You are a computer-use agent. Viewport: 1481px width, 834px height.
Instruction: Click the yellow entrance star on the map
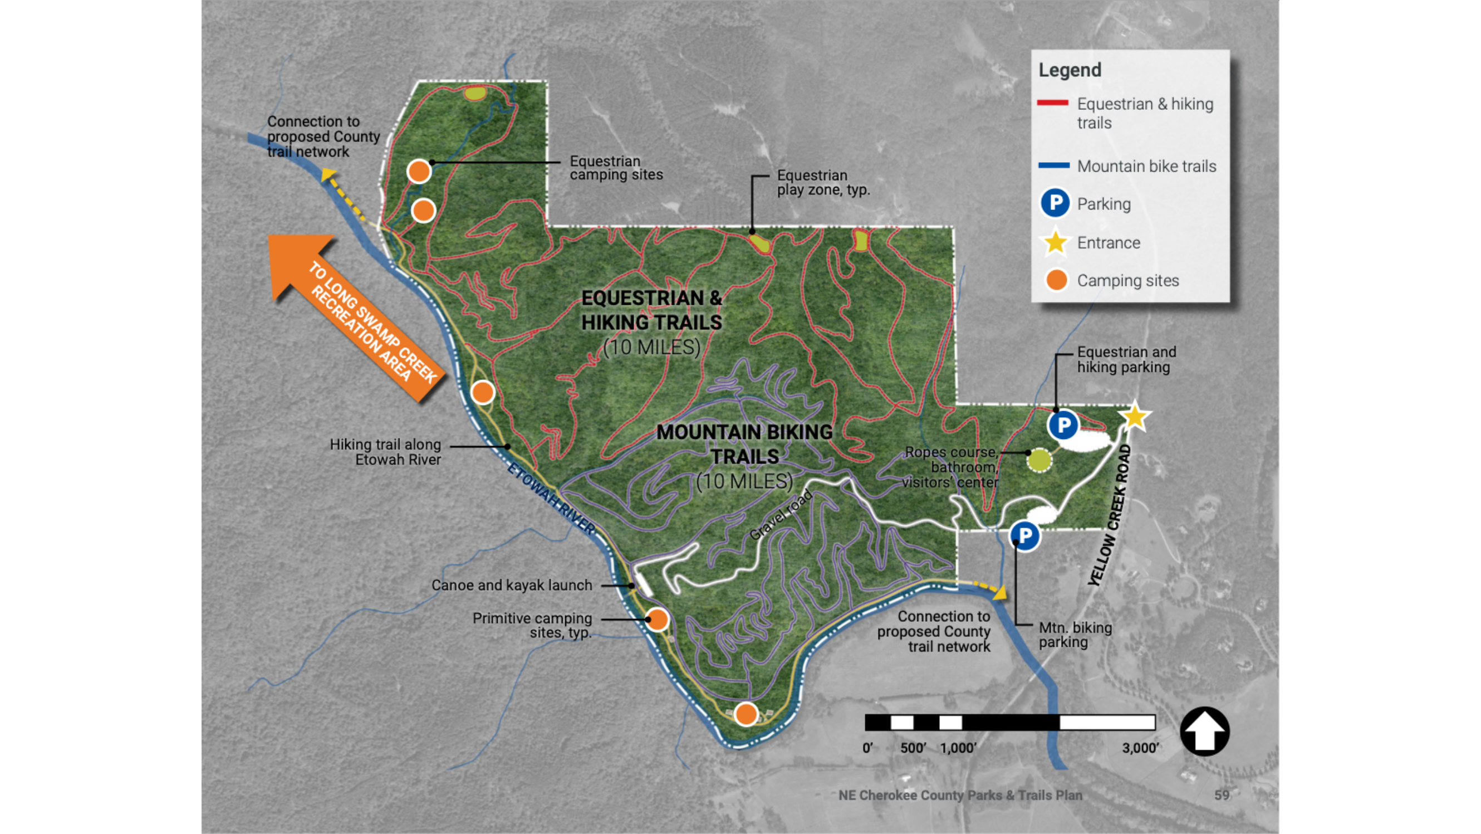1134,416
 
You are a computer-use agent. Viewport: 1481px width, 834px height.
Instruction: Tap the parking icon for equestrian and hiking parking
1063,426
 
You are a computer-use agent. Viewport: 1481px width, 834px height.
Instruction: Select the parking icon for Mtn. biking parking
1024,535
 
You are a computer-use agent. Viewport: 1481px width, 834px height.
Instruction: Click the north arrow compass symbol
1204,731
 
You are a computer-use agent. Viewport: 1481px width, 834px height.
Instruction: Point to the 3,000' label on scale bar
1140,748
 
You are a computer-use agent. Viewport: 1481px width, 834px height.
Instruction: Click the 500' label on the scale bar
913,748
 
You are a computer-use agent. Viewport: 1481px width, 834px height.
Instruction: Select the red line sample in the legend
1053,103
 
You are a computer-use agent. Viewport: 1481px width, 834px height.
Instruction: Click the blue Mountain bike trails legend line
1053,165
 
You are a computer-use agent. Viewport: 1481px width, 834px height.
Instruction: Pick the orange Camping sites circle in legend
1056,280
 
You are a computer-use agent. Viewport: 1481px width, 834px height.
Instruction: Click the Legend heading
1070,70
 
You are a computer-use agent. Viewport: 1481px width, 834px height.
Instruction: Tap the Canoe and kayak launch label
511,585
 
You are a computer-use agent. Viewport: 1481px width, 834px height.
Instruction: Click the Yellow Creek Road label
1110,515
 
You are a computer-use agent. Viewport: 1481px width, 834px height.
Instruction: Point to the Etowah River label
551,498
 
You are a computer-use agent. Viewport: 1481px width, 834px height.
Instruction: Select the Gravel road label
781,514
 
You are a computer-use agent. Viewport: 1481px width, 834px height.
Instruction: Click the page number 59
1221,795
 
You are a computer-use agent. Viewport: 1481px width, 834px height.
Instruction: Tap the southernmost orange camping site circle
746,714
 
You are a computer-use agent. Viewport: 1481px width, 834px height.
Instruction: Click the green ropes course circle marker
1038,460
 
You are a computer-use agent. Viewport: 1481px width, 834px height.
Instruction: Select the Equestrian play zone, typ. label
823,182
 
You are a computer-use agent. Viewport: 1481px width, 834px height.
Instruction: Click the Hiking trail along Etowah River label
385,452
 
